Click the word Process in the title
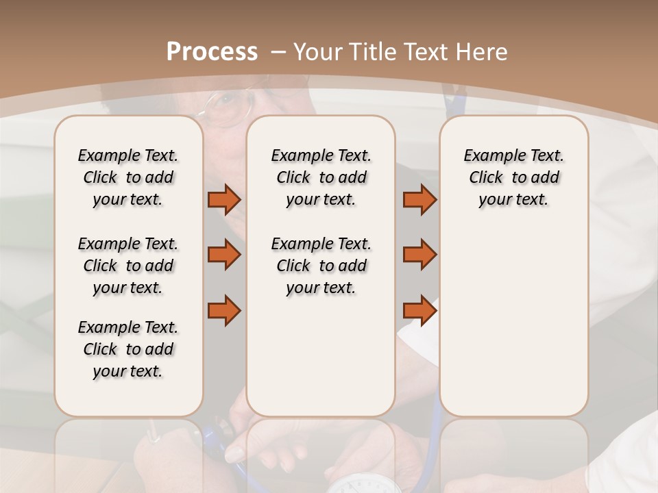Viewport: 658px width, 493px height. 212,51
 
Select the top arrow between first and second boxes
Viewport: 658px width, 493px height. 224,200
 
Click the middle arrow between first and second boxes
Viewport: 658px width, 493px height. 224,255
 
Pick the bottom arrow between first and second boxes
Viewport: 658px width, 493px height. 224,310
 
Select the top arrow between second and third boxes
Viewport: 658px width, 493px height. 419,200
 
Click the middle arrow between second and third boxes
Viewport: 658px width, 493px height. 419,255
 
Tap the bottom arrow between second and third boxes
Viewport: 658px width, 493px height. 419,310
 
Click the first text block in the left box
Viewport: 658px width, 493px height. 128,177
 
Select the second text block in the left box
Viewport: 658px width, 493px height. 128,266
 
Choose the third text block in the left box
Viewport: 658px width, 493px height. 128,349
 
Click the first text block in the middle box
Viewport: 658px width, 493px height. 321,177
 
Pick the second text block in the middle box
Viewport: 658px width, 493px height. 321,266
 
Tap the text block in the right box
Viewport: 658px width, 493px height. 513,177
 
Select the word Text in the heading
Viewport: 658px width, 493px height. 425,52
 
